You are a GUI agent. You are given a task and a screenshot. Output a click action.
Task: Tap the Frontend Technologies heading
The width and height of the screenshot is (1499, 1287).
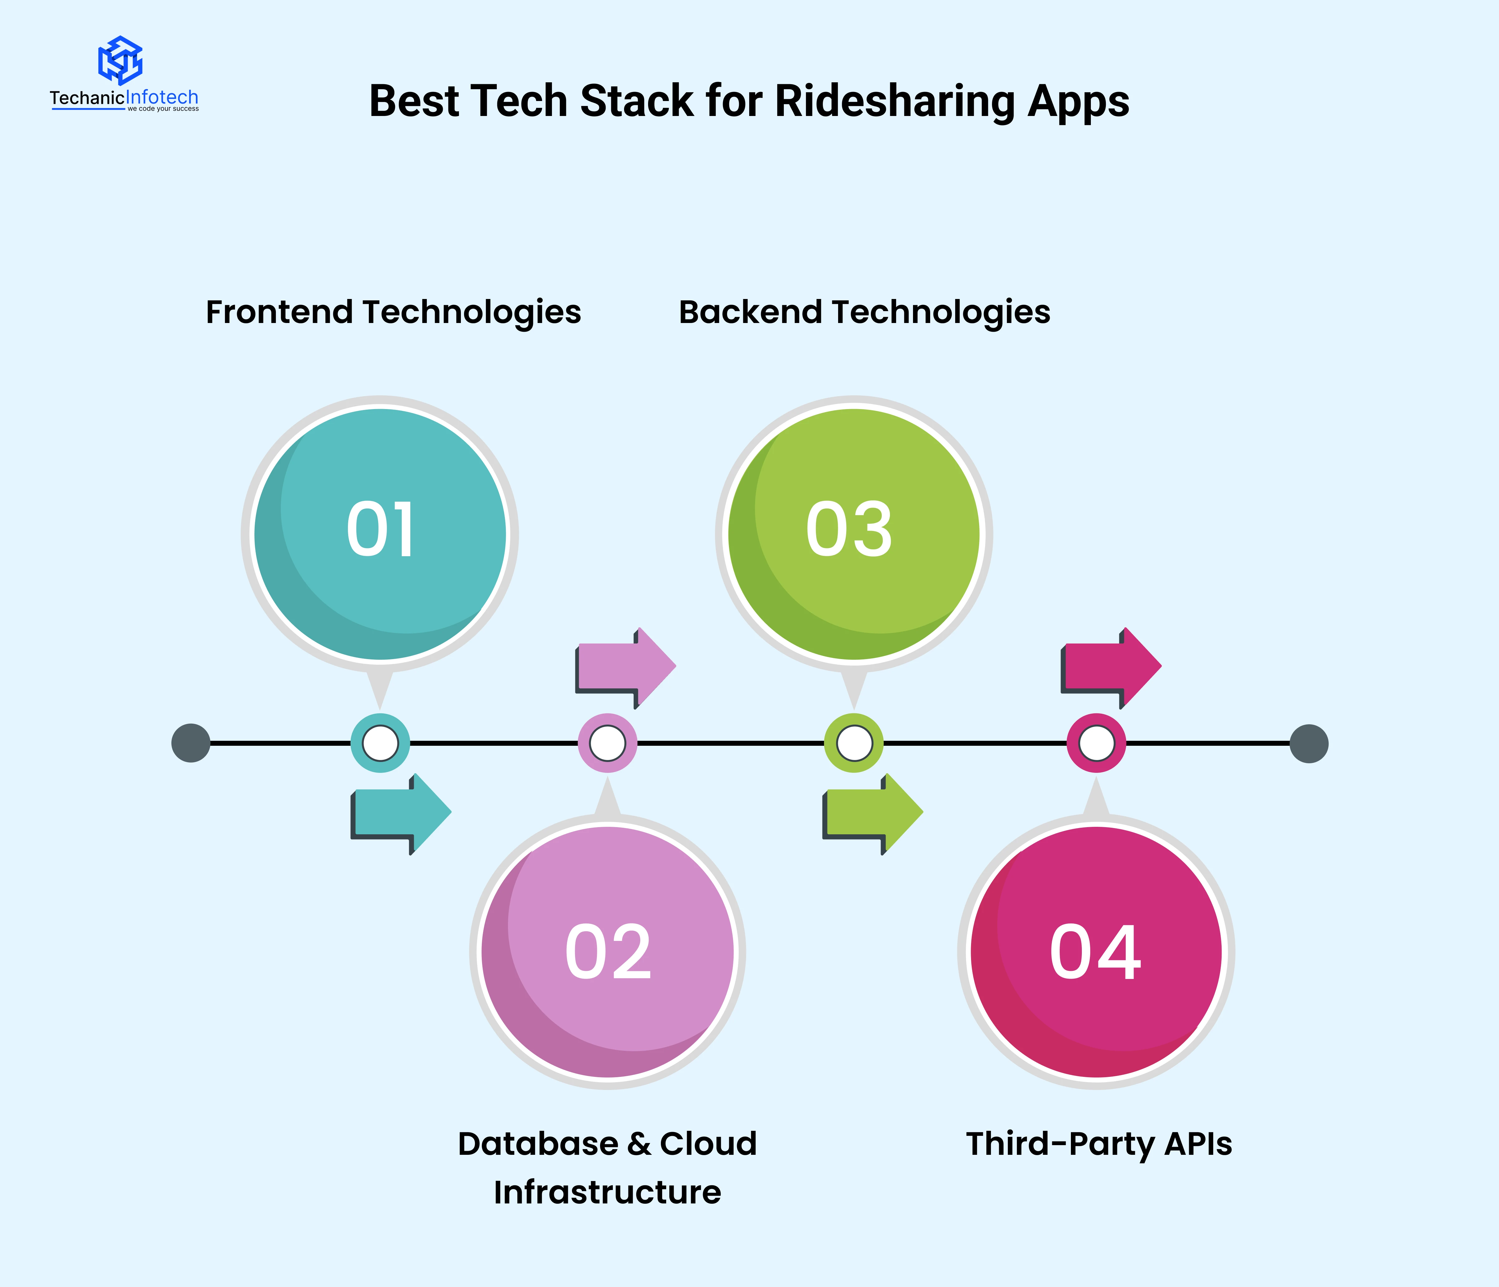(393, 312)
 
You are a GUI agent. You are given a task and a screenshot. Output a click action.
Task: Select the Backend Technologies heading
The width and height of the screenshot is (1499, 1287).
(864, 312)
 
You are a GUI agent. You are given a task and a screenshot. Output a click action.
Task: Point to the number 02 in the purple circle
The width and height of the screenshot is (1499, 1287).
(608, 952)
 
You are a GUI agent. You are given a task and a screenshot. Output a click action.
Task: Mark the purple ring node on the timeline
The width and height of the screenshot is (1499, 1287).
(608, 743)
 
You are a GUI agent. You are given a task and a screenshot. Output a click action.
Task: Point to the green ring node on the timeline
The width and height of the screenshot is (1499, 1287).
(854, 743)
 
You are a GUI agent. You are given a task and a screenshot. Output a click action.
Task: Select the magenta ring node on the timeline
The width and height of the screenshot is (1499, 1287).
(1097, 743)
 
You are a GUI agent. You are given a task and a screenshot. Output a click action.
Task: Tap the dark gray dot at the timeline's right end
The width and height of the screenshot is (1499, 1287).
(1309, 743)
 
